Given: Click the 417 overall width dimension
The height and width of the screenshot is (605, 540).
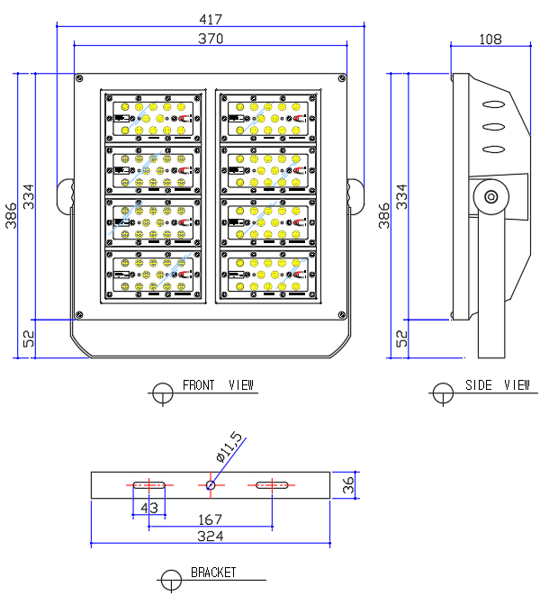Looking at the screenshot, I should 209,18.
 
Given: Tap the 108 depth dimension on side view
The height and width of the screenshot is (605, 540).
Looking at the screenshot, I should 490,39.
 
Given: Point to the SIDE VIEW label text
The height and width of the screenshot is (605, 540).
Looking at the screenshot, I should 498,385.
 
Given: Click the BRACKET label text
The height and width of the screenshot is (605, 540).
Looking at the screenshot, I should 213,573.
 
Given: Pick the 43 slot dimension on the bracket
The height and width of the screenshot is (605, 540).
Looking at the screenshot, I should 149,509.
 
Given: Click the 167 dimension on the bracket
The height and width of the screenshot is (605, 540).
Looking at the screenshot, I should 210,520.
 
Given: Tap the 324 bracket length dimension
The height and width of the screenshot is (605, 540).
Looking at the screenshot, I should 210,536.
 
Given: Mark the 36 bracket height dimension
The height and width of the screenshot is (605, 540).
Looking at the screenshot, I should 349,484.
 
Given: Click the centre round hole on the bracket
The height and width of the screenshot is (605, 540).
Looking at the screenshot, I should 210,485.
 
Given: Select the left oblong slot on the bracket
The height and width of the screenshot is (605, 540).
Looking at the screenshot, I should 148,485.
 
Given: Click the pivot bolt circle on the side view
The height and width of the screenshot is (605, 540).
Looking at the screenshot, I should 491,196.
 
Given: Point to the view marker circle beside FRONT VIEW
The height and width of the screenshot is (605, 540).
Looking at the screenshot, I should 163,393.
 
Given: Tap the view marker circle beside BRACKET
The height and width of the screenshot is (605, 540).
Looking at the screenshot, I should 170,580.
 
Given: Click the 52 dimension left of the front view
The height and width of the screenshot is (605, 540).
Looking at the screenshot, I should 28,338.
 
